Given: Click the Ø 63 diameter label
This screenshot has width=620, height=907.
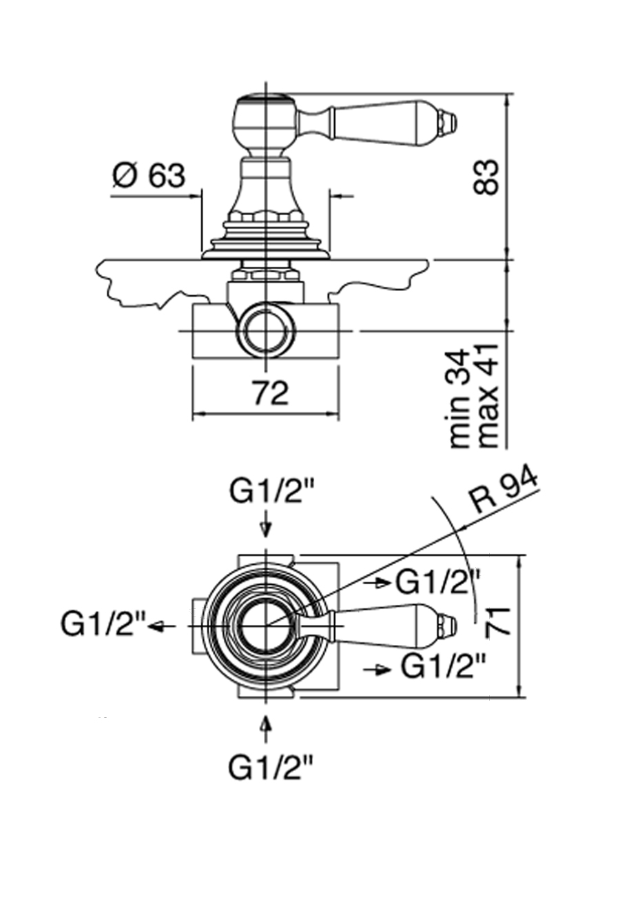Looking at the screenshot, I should point(149,177).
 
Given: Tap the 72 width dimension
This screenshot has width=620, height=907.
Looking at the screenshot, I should point(269,394).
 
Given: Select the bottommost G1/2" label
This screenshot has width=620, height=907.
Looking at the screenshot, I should point(271,767).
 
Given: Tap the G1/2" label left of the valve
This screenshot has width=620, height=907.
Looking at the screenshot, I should point(103,625).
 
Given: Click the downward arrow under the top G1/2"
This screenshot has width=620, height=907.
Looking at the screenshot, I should point(266,528).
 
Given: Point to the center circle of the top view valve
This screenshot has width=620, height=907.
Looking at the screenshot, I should point(266,625).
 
